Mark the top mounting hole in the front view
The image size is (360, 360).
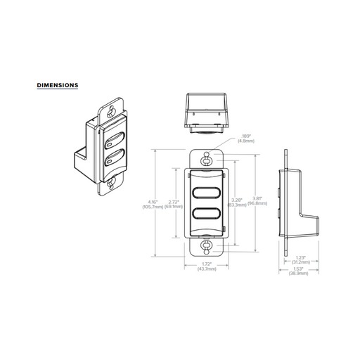(205, 160)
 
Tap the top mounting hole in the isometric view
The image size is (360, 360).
(111, 110)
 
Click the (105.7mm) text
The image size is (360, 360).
(152, 207)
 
